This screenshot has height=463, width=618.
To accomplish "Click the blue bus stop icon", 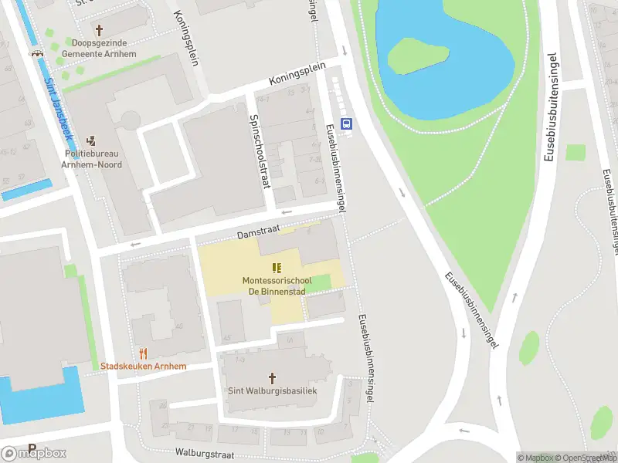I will click(347, 122).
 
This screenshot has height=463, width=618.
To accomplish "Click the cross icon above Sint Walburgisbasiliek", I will click(272, 378).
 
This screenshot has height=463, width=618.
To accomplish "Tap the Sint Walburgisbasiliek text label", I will click(272, 391).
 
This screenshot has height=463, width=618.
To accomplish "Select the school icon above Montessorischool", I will click(277, 268).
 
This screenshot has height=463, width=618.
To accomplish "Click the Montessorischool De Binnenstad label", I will click(277, 286).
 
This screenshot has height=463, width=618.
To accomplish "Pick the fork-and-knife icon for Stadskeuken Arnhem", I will click(143, 353).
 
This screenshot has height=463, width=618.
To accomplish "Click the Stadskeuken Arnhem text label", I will click(143, 367).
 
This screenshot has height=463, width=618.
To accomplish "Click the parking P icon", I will click(32, 448).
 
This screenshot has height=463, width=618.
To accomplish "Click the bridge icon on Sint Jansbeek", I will click(36, 52).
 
